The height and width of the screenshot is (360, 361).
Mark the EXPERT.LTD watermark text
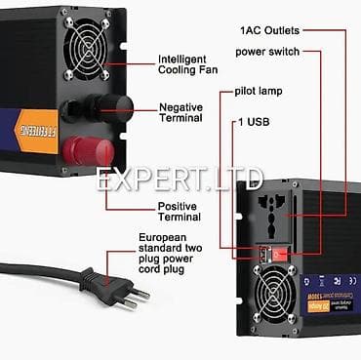180,180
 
